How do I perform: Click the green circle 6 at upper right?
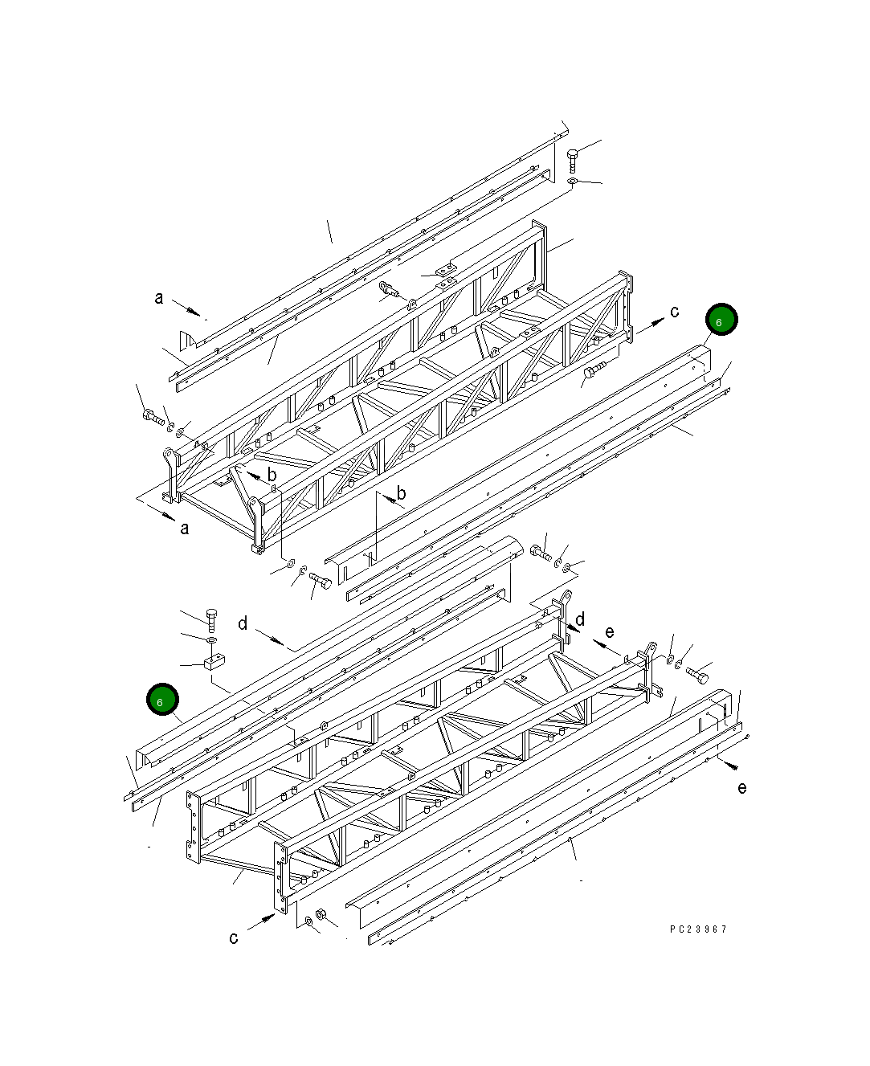click(721, 321)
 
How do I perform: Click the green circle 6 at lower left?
click(161, 700)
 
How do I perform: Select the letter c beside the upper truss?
click(675, 312)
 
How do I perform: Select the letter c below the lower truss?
click(234, 937)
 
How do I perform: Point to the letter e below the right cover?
click(741, 788)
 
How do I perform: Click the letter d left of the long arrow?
click(243, 623)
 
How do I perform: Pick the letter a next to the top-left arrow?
click(159, 298)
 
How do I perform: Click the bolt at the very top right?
click(572, 159)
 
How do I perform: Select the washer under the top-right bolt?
click(570, 183)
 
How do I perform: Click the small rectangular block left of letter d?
click(213, 663)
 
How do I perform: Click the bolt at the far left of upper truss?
click(152, 415)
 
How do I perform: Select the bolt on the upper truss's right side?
click(595, 371)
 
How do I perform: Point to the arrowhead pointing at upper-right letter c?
click(658, 322)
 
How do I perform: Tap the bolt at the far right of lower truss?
click(696, 673)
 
